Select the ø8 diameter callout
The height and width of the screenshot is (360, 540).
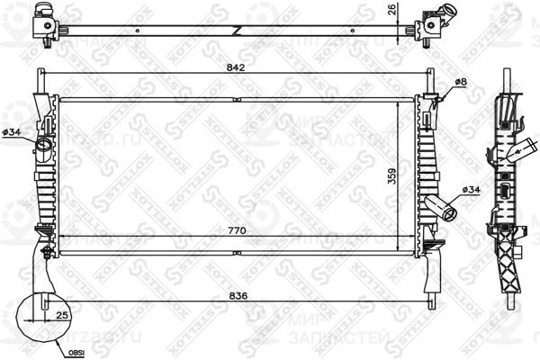click(x=459, y=83)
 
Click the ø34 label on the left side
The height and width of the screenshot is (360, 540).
click(x=13, y=132)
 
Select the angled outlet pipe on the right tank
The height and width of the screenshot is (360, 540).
click(x=443, y=208)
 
